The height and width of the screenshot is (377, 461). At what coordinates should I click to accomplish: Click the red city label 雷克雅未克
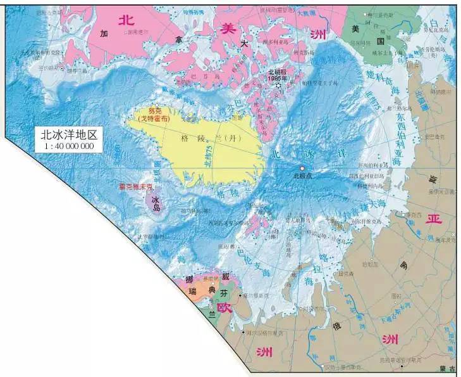(136, 187)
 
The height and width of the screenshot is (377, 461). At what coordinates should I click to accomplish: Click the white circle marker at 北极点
(302, 168)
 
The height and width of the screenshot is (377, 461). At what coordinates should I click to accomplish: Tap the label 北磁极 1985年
(277, 75)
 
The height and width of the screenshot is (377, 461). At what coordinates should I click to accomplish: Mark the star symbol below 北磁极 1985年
(278, 86)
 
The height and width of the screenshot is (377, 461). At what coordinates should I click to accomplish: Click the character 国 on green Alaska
(381, 41)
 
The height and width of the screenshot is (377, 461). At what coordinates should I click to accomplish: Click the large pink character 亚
(433, 219)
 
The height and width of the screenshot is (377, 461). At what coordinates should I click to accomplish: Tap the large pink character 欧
(223, 307)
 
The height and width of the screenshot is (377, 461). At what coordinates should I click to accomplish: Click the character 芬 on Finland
(224, 293)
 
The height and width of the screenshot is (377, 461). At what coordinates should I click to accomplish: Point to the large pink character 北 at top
(127, 20)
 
